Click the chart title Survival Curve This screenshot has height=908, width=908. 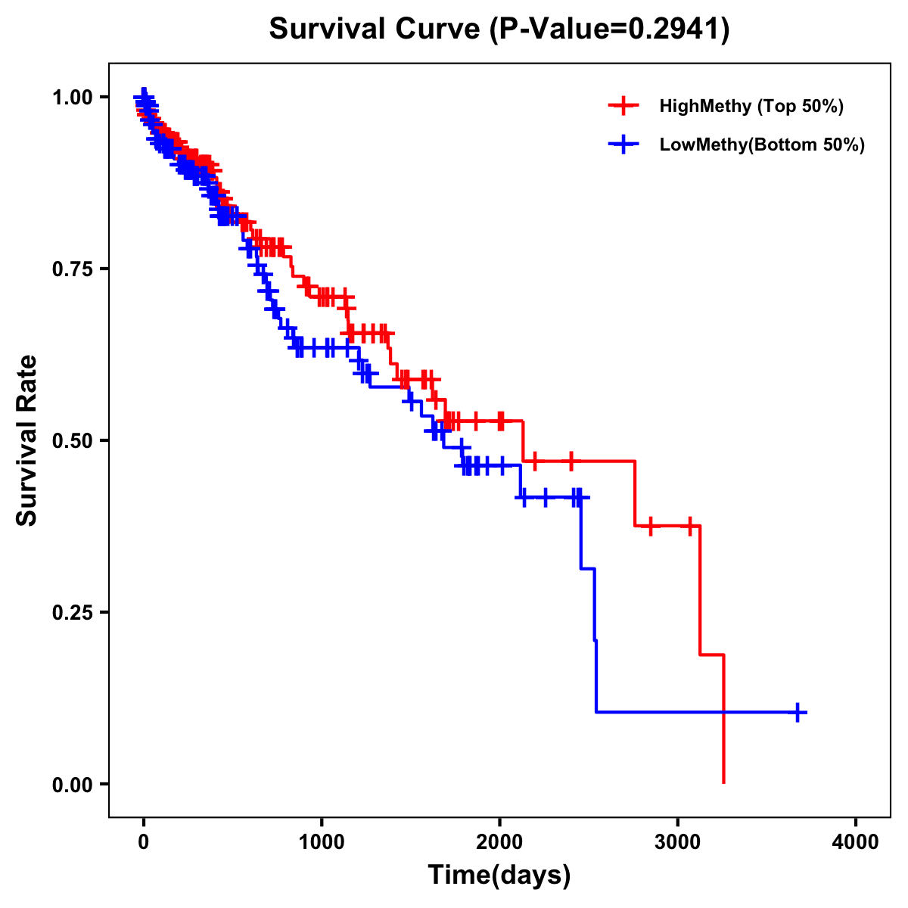375,30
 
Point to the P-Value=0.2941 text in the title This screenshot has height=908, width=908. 610,30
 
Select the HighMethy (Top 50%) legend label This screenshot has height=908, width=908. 751,106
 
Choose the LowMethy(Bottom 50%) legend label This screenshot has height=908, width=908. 762,145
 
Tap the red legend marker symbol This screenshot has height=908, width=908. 623,106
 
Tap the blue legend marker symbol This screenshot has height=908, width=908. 623,145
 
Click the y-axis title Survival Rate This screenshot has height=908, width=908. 27,440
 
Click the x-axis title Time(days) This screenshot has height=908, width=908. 499,875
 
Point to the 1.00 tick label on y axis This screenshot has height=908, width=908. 72,97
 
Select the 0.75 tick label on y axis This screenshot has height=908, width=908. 72,269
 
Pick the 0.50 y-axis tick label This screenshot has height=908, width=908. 72,440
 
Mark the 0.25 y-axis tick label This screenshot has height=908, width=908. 72,612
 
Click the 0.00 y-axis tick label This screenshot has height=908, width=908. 72,784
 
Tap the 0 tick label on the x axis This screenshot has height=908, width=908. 144,842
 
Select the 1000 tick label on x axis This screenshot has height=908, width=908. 322,842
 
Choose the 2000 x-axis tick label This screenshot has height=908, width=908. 499,842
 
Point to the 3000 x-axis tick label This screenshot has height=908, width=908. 678,842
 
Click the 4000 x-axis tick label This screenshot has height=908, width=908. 856,842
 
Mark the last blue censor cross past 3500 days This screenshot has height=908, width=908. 798,712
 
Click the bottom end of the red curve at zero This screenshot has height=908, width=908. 724,782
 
